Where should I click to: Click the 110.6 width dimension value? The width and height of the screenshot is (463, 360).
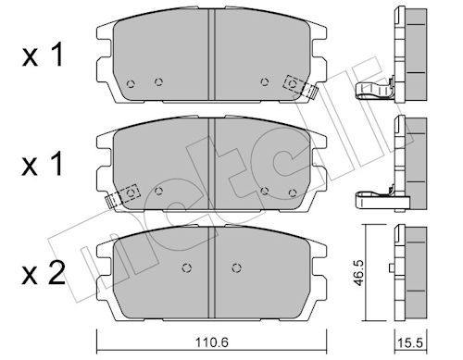(x=212, y=341)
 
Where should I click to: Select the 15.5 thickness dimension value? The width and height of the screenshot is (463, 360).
(x=410, y=343)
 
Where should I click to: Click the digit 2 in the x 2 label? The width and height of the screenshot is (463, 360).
(x=57, y=273)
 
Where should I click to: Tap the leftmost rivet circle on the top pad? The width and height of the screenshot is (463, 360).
(x=131, y=83)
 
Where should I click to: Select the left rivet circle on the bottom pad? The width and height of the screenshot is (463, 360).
(x=186, y=267)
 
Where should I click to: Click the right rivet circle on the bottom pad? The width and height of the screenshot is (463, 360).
(x=236, y=267)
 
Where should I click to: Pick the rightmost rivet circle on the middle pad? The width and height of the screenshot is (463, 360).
(x=293, y=192)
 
